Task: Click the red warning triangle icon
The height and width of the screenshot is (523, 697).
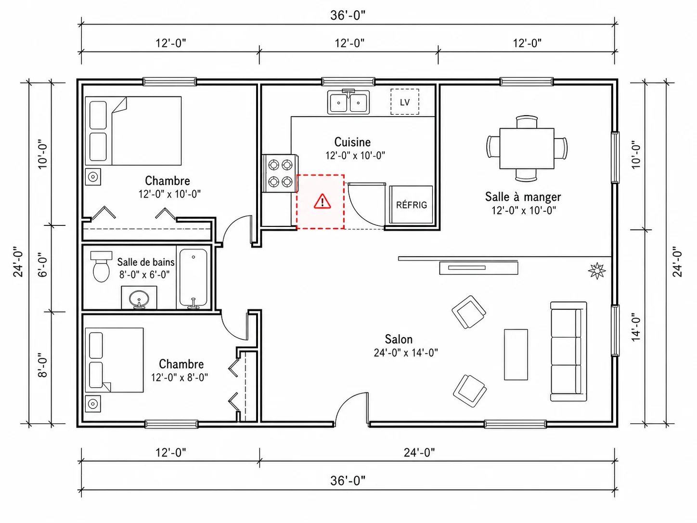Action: click(x=323, y=201)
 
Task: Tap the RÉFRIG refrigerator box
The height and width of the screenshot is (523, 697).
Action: click(x=411, y=205)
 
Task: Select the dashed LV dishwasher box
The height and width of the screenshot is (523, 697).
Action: click(x=404, y=102)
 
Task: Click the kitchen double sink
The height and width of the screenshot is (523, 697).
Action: click(x=348, y=102)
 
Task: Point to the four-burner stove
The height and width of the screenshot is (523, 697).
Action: click(x=280, y=173)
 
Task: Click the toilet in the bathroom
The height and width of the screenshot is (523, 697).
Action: click(x=101, y=266)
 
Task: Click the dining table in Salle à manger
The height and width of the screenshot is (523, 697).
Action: click(x=527, y=148)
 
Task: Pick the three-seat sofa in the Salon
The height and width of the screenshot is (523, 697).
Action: click(x=568, y=351)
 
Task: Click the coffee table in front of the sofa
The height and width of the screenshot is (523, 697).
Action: click(x=516, y=354)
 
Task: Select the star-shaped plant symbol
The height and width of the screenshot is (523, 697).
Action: click(x=597, y=271)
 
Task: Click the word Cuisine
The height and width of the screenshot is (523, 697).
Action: click(x=352, y=142)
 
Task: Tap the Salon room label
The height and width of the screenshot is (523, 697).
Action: click(x=399, y=339)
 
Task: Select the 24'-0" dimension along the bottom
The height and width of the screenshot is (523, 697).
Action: click(x=419, y=452)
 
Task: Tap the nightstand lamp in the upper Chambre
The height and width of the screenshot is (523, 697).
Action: click(x=93, y=177)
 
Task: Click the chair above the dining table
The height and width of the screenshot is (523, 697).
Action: click(x=527, y=122)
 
